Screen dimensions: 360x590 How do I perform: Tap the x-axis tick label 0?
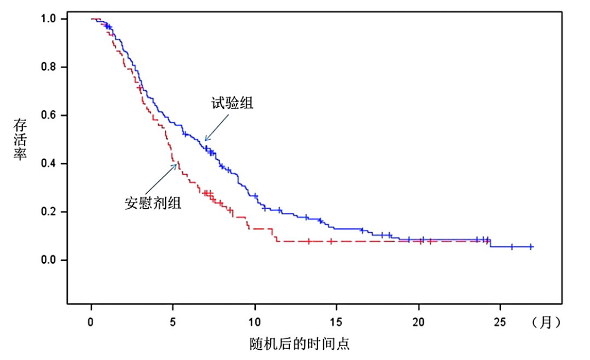[x=91, y=322]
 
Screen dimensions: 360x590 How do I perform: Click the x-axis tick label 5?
[x=173, y=322]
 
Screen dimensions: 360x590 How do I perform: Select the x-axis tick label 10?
[x=255, y=322]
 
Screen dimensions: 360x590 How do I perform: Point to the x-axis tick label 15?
[x=337, y=322]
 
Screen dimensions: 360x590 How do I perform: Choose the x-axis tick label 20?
[x=419, y=322]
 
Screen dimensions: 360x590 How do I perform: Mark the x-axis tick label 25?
[x=500, y=322]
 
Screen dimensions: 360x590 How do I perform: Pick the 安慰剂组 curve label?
[x=153, y=203]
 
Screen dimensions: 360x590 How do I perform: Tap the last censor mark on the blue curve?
[x=531, y=247]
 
